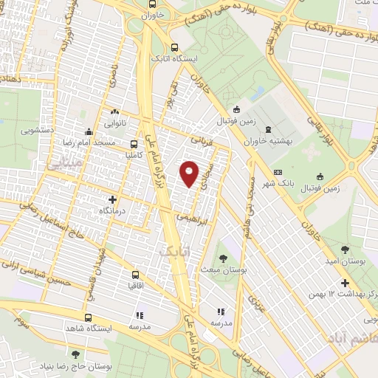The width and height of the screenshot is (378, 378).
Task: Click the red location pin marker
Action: (190, 173)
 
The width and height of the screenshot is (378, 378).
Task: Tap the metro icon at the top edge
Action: (162, 3)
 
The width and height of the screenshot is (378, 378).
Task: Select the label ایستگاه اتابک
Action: (171, 57)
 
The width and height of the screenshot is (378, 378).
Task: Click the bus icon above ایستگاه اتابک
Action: (174, 44)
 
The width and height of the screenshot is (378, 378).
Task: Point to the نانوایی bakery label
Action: (120, 123)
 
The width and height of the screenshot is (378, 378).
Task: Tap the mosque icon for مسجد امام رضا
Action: (88, 131)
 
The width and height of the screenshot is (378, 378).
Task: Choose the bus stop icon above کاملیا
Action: (134, 145)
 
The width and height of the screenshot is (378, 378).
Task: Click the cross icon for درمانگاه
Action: (113, 199)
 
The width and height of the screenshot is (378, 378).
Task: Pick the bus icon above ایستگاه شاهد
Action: (98, 314)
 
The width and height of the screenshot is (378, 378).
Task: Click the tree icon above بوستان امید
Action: (346, 250)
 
